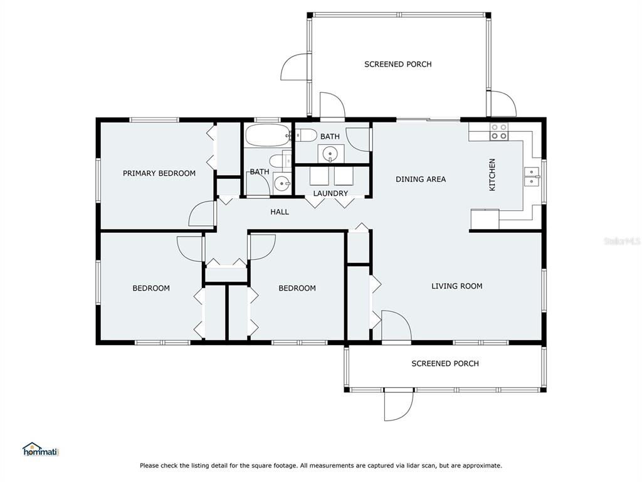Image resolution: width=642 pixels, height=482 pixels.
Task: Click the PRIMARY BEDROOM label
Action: pos(159,173)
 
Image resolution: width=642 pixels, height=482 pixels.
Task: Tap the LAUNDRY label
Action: pos(330,193)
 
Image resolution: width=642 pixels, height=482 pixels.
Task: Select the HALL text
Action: pos(280,212)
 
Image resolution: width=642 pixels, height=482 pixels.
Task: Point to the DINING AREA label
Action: pos(421,179)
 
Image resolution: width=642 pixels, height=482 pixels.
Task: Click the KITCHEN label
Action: pos(492,174)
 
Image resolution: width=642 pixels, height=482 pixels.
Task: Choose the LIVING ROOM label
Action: pos(457,286)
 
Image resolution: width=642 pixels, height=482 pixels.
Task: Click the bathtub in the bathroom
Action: pos(268,136)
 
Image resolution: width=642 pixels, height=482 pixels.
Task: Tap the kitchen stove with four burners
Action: pos(499,132)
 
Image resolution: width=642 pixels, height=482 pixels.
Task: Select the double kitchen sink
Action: pos(532,176)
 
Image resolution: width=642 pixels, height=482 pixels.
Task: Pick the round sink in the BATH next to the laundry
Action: pos(330,154)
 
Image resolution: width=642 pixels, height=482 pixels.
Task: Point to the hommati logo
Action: pos(41,449)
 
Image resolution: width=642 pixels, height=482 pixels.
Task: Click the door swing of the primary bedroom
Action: pos(201,213)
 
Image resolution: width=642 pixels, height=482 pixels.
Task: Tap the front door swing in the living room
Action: pos(396,326)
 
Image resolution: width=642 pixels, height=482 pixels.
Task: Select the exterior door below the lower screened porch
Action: pos(398,405)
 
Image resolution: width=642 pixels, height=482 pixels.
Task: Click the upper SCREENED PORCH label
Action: pos(398,65)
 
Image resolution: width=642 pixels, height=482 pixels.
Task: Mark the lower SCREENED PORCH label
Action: pos(445,363)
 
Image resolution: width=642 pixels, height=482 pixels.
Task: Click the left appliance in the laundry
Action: pos(319,176)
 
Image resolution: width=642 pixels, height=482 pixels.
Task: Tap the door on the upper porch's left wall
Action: pos(294,67)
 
